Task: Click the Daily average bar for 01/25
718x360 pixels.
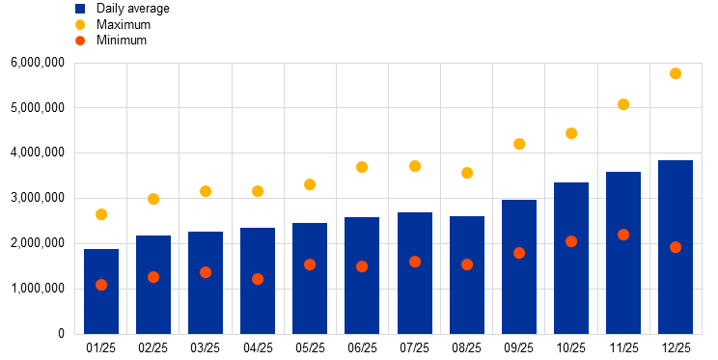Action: tap(101, 291)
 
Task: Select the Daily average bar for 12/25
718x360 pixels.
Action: tap(676, 247)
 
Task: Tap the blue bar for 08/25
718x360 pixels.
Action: tap(467, 275)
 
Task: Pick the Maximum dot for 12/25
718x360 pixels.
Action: tap(676, 73)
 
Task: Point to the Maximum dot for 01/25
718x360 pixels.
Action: tap(101, 214)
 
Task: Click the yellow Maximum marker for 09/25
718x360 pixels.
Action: tap(519, 144)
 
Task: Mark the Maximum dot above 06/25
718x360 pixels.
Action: tap(362, 167)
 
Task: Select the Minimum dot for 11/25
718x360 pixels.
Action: tap(623, 235)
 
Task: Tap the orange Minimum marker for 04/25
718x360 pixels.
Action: tap(258, 279)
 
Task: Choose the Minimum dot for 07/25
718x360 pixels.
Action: tap(415, 262)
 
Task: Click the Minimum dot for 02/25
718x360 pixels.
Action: tap(153, 277)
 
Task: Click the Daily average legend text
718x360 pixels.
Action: tap(133, 9)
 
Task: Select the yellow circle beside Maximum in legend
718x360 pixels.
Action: tap(80, 24)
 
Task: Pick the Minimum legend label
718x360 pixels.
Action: tap(122, 41)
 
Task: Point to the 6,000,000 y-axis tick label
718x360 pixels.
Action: tap(38, 63)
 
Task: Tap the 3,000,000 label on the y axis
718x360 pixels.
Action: tap(38, 198)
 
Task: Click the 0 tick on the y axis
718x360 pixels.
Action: tap(62, 334)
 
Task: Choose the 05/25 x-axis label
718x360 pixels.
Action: tap(310, 348)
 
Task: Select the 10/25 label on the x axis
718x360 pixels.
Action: tap(571, 348)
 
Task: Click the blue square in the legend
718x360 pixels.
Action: tap(80, 9)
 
